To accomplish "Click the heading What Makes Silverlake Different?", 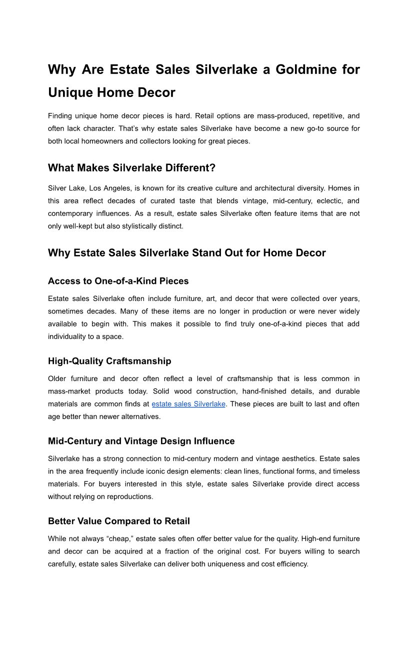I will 131,168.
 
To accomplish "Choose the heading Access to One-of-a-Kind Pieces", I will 118,281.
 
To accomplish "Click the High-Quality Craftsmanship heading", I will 109,361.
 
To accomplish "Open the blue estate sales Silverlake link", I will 188,404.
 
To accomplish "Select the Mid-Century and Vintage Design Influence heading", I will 141,441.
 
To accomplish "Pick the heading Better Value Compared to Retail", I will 119,521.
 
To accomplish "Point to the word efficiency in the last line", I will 289,564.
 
